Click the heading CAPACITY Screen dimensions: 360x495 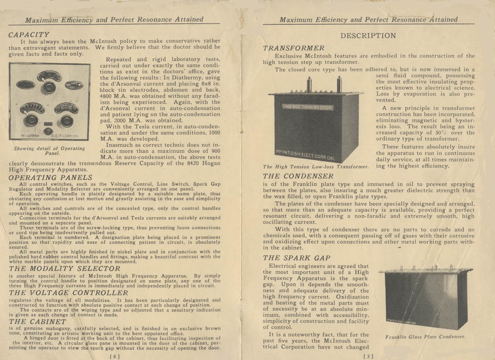[x=29, y=35]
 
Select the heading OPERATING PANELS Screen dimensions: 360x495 [x=50, y=178]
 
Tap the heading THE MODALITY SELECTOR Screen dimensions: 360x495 [x=64, y=269]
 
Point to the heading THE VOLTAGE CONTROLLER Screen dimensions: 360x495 [x=69, y=293]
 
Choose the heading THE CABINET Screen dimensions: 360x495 [x=38, y=321]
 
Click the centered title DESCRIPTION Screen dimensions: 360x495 [x=368, y=35]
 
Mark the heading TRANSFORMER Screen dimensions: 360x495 [x=294, y=48]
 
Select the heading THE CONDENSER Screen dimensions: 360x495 [x=298, y=176]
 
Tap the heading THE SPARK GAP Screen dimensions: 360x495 [x=296, y=258]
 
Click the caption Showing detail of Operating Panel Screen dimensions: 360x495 [x=49, y=150]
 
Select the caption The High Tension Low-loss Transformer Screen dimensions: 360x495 [x=316, y=167]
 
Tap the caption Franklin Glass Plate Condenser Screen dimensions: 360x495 [x=425, y=337]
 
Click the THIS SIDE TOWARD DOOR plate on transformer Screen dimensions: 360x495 [x=307, y=106]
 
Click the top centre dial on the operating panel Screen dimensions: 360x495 [x=49, y=76]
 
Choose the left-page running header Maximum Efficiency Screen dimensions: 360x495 [x=114, y=20]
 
